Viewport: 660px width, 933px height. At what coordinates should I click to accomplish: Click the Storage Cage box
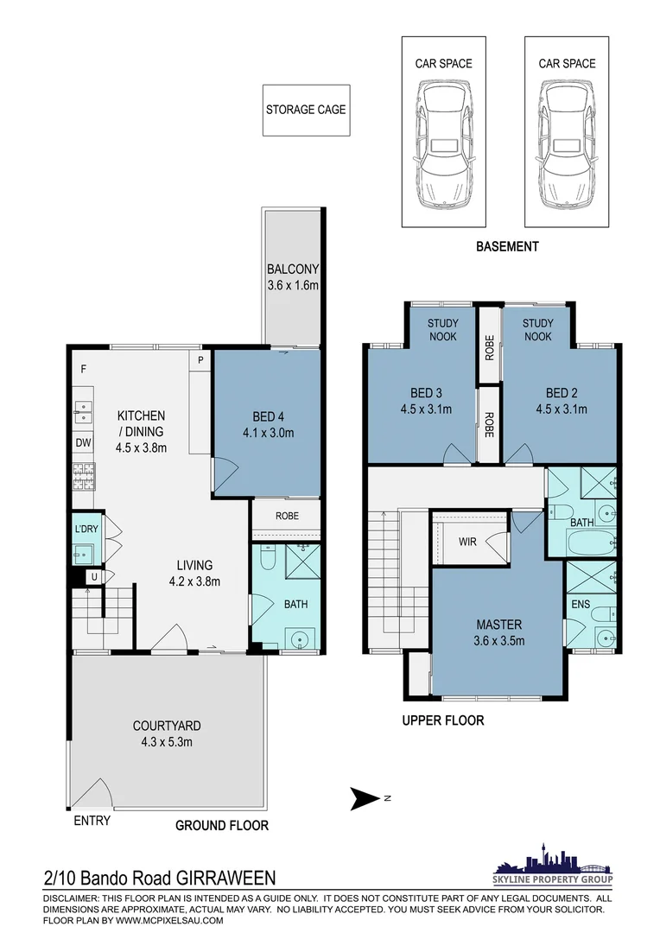point(305,110)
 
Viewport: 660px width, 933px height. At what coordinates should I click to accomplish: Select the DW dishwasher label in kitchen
point(83,443)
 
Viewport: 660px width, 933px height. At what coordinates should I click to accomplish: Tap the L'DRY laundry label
point(86,528)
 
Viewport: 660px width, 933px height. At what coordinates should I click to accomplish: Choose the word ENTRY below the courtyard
point(92,820)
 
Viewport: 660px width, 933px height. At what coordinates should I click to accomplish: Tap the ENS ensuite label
point(581,604)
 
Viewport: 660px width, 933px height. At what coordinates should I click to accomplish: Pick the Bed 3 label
point(422,392)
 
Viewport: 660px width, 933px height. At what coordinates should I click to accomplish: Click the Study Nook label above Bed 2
point(537,329)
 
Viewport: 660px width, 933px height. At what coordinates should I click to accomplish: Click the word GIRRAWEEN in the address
point(226,879)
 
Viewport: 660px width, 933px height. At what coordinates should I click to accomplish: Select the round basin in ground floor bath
point(300,640)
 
